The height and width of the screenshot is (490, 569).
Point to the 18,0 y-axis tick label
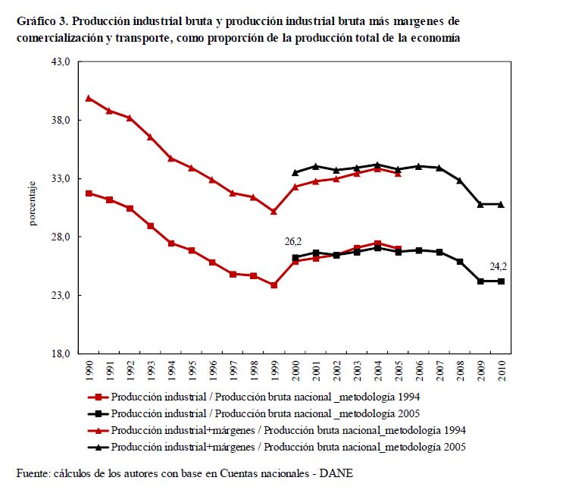(61, 353)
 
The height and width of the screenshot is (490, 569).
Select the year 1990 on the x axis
(89, 370)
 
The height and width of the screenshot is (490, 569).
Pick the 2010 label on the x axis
(500, 370)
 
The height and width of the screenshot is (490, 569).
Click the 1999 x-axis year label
(274, 370)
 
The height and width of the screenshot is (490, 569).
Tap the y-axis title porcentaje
(33, 205)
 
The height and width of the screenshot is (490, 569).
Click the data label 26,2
(294, 241)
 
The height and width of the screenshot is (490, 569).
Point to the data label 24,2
(499, 266)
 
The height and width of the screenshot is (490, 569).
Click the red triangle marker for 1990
(89, 98)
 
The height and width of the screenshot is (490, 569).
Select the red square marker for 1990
(89, 193)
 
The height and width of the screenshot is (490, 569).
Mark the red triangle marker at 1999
(274, 212)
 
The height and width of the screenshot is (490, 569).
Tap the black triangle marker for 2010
(501, 204)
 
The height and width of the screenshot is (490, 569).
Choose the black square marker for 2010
(501, 281)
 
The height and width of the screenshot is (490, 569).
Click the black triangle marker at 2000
(295, 173)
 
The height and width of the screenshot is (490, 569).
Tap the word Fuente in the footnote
(31, 473)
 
